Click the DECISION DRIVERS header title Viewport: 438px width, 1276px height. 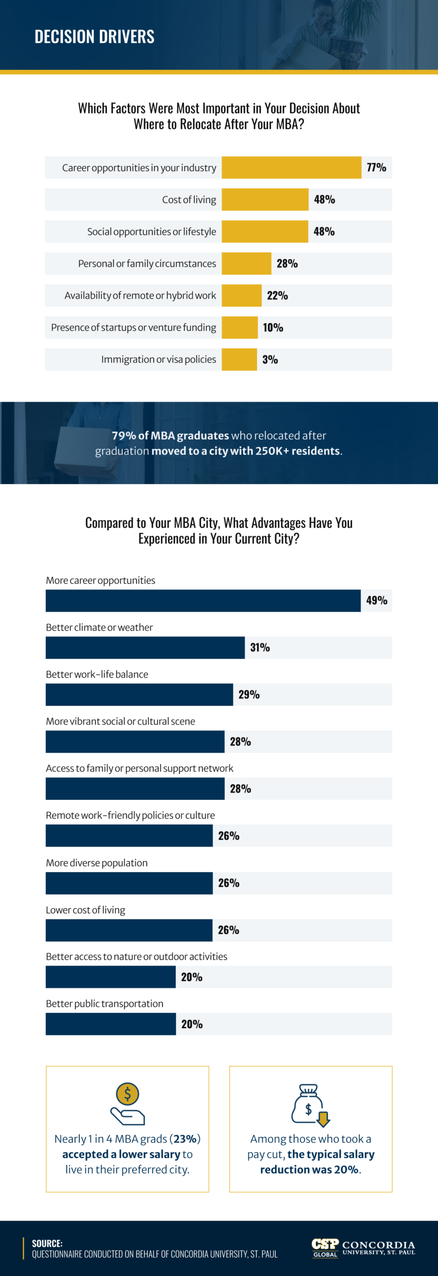coord(94,37)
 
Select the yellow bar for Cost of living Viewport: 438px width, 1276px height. coord(265,199)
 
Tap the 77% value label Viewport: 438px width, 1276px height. coord(376,167)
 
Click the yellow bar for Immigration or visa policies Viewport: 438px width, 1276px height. coord(239,359)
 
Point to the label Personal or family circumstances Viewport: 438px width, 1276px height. coord(147,264)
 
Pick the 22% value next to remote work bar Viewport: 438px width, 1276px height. coord(277,296)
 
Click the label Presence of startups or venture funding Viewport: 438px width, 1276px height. coord(134,327)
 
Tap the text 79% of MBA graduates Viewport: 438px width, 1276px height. coord(170,436)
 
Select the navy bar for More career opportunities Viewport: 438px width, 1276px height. coord(203,601)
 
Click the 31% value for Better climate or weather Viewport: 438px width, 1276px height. coord(260,647)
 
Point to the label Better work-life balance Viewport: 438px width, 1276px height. coord(97,674)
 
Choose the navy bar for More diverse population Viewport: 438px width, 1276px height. coord(129,883)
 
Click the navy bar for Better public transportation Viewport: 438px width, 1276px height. coord(111,1024)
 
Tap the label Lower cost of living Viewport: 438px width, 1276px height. coord(85,910)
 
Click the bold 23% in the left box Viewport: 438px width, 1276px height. coord(185,1139)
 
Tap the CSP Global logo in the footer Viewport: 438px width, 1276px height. coord(325,1248)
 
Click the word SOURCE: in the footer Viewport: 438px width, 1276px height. coord(47,1243)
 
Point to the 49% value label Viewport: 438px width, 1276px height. coord(376,601)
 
